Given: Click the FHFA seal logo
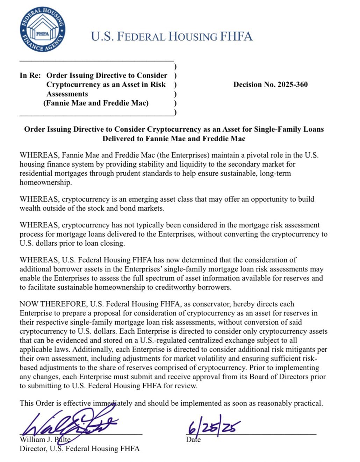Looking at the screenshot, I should coord(43,30).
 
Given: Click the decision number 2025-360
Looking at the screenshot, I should coord(271,85).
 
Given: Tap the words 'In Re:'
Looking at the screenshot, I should coord(30,75).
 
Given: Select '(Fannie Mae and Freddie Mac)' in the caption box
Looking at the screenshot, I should coord(96,103).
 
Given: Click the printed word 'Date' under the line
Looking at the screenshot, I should coord(193,440).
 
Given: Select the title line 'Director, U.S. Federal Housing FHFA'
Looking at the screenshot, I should coord(80,449).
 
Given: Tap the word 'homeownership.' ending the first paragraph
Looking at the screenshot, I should coord(41,182).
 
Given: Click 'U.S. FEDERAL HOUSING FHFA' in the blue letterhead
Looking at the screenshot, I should coord(171,36).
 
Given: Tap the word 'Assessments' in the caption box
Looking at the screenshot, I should coord(67,94).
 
